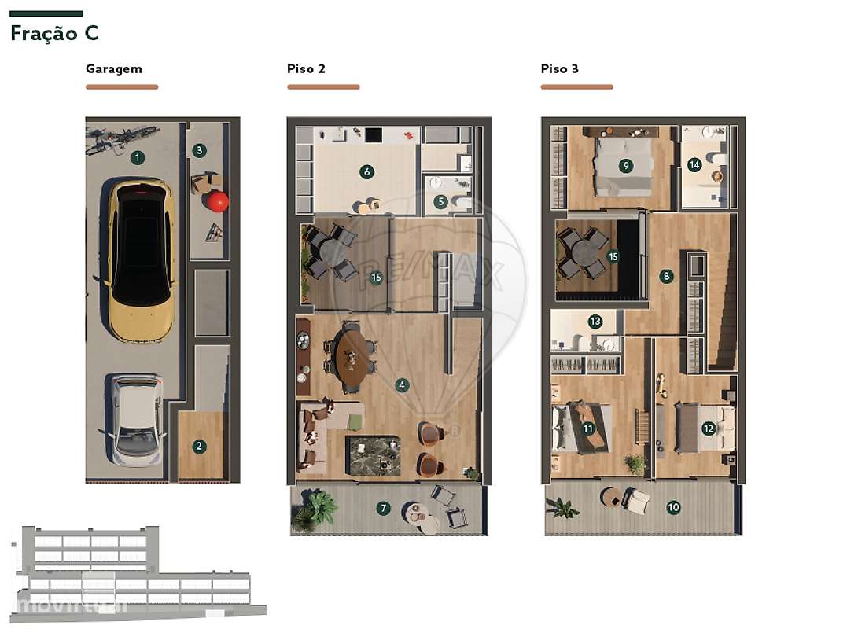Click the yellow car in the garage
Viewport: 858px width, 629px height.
coord(142,259)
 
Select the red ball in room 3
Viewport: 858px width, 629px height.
coord(217,201)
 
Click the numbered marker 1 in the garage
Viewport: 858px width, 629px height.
coord(138,158)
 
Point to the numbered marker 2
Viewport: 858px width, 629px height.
coord(199,446)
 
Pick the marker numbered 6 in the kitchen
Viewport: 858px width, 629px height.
coord(366,171)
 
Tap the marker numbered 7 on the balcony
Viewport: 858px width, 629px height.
coord(383,508)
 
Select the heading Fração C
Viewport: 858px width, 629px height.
coord(53,34)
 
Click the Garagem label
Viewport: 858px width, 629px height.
coord(114,68)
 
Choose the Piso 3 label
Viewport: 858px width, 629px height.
coord(559,68)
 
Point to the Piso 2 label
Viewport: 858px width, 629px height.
coord(306,68)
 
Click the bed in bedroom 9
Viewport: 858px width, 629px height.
coord(623,167)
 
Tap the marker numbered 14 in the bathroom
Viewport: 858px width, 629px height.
coord(694,165)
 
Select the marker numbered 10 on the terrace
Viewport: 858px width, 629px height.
coord(673,507)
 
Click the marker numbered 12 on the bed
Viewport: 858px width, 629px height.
coord(709,429)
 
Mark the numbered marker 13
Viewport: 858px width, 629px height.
coord(595,321)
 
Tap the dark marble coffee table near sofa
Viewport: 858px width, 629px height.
coord(373,455)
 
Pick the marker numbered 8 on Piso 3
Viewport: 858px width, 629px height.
coord(667,276)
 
